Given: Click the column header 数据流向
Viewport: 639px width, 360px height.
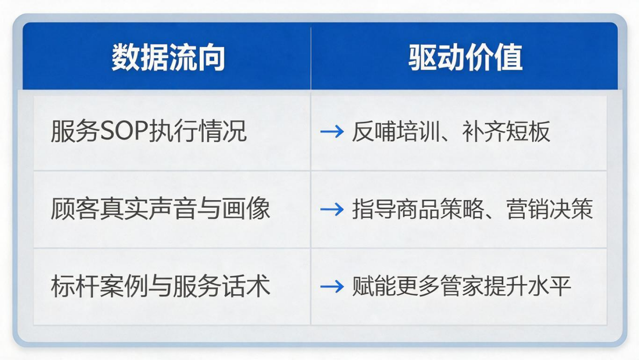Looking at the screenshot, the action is (168, 57).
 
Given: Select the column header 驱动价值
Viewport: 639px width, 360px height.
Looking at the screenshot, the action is (466, 57).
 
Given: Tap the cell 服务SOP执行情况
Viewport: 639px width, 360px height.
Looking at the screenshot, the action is (149, 131).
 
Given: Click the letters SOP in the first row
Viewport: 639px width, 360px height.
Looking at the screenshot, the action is (124, 131).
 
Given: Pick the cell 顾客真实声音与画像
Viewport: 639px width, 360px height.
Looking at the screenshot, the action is (160, 208).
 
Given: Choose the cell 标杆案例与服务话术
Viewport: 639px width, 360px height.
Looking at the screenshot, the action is (160, 286).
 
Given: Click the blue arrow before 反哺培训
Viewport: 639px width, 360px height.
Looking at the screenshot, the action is (332, 131).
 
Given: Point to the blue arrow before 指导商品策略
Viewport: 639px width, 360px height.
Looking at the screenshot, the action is (332, 209).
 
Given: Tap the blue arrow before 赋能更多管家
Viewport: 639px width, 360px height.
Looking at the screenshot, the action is (332, 286).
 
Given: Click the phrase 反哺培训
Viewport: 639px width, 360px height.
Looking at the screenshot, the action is (396, 131).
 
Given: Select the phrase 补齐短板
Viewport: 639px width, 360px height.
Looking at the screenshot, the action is (505, 131).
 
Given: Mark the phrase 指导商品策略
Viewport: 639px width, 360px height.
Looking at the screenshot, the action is (418, 208).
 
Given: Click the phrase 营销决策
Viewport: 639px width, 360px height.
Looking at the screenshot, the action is (550, 208).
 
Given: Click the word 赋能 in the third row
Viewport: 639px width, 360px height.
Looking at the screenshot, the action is (374, 286).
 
